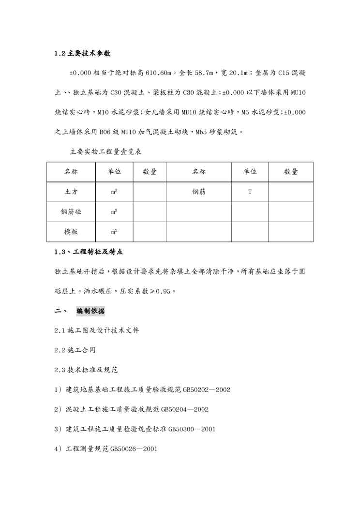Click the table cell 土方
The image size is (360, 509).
tap(72, 192)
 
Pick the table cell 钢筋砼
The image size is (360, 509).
tap(72, 211)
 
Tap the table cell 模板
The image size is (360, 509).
tap(72, 231)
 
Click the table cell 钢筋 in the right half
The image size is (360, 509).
tap(199, 192)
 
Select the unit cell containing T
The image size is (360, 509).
tap(250, 192)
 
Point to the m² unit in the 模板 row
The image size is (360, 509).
tap(114, 232)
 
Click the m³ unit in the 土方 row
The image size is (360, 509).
tap(114, 192)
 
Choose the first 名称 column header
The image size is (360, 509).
tap(72, 171)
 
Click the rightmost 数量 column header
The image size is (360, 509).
tap(291, 171)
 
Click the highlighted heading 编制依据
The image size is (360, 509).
tap(90, 311)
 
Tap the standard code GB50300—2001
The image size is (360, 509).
tap(192, 429)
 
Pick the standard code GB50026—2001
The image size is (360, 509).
tap(134, 449)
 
